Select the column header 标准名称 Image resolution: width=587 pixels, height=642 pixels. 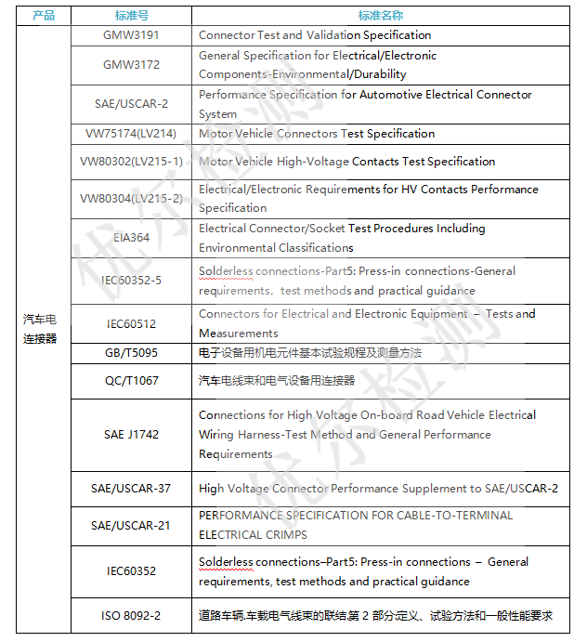380,16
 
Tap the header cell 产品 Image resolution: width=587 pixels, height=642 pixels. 44,16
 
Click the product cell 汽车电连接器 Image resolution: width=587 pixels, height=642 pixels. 40,329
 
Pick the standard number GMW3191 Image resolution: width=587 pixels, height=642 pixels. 131,35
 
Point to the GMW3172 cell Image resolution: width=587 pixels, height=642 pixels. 131,65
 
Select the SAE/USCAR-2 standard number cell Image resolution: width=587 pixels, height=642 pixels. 131,104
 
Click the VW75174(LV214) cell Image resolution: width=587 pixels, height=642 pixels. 131,134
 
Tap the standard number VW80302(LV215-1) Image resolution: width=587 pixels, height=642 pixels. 131,162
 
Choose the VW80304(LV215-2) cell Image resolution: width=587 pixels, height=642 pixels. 131,199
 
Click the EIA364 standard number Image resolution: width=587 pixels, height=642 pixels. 131,238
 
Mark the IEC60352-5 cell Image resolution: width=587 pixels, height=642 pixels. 131,281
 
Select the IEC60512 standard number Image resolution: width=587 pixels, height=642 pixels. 131,323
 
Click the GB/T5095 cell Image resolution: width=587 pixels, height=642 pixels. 131,353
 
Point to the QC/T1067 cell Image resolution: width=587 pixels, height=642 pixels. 131,381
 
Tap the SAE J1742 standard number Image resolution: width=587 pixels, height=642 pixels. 131,435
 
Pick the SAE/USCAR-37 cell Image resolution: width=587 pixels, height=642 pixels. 131,489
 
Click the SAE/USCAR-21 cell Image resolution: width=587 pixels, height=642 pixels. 131,525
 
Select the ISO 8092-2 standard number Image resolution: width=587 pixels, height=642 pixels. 131,615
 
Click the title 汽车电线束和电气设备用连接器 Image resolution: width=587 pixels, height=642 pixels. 277,381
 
